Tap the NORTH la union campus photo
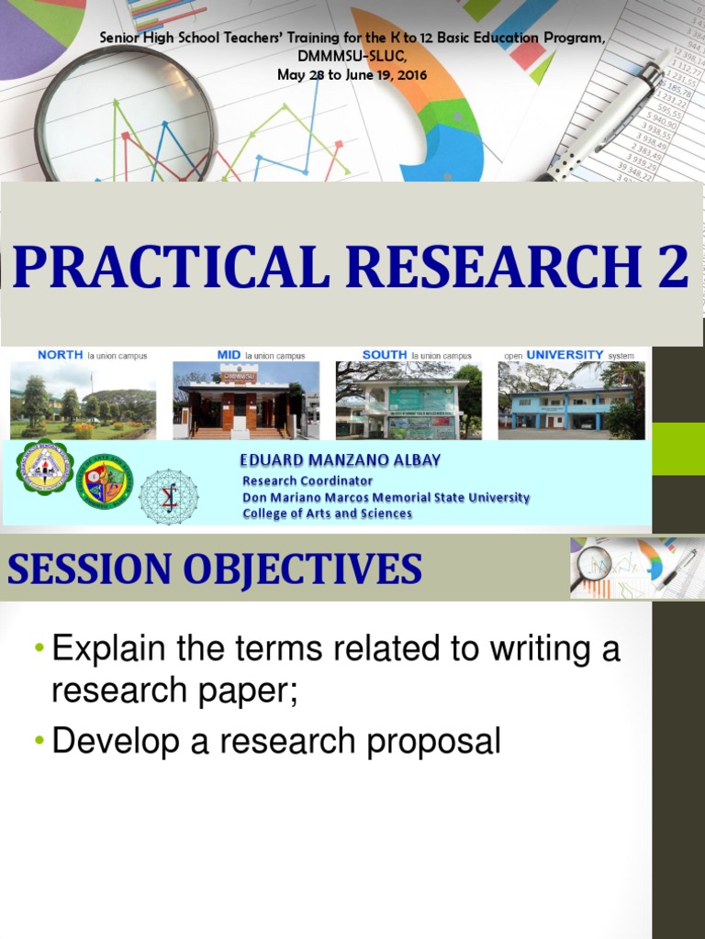[83, 401]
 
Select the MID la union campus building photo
[246, 401]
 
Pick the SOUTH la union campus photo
[408, 401]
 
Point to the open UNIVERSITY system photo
[571, 401]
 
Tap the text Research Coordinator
[308, 481]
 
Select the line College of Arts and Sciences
[327, 514]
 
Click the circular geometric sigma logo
[168, 496]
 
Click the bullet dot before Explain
[39, 650]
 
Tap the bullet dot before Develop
[39, 742]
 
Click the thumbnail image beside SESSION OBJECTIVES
[634, 568]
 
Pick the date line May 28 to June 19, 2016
[352, 74]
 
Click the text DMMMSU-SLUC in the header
[352, 57]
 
